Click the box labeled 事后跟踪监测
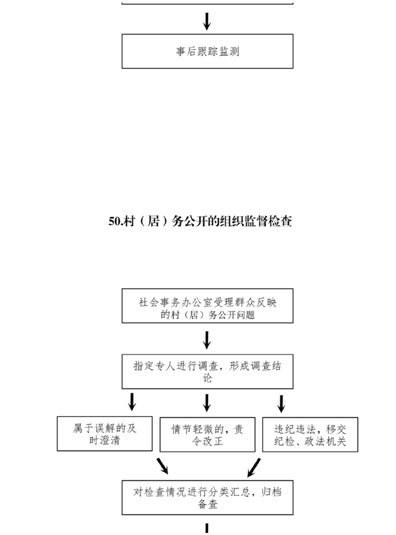[207, 51]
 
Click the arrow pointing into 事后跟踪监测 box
[207, 21]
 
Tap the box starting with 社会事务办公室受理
[207, 306]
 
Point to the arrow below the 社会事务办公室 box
[207, 340]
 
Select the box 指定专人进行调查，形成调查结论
[207, 371]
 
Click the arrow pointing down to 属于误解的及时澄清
[132, 402]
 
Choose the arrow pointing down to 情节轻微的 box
[207, 403]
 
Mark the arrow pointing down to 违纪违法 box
[281, 404]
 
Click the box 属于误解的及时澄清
[105, 434]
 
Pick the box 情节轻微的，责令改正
[207, 434]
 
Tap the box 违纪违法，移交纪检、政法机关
[310, 434]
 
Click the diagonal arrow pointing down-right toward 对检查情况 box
[163, 466]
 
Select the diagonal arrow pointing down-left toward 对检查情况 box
[254, 467]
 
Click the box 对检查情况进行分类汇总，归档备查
[207, 498]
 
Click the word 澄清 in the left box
[110, 440]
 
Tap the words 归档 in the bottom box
[271, 492]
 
